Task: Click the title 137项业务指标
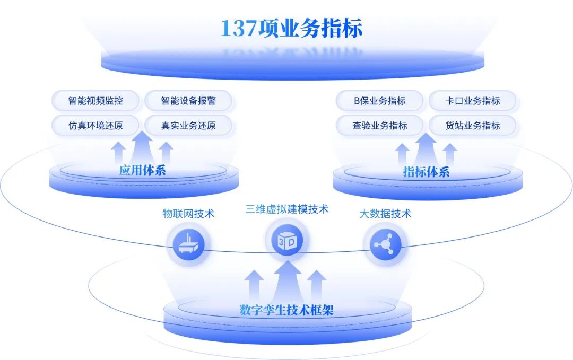click(291, 29)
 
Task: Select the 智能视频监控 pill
click(95, 101)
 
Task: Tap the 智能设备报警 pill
click(188, 101)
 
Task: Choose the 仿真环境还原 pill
click(95, 126)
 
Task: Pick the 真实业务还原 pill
click(188, 126)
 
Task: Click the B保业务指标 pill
click(380, 101)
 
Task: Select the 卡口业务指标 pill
click(472, 101)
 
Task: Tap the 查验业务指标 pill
click(380, 126)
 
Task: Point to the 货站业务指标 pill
click(472, 126)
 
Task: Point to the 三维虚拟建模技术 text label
click(286, 209)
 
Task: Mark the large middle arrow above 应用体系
click(142, 147)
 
